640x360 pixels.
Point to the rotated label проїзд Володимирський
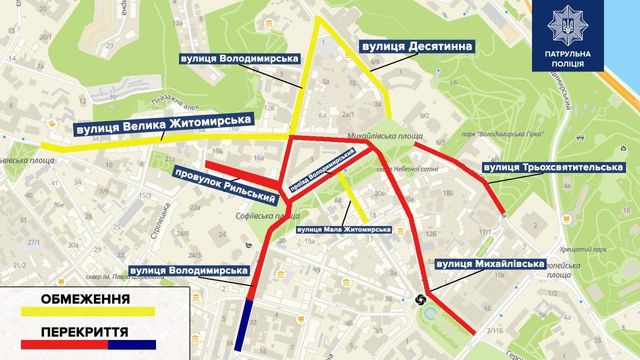pyautogui.click(x=322, y=170)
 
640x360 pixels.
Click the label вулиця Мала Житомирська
pyautogui.click(x=344, y=229)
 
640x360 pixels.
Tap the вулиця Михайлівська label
pyautogui.click(x=490, y=264)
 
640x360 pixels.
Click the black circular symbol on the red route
pyautogui.click(x=421, y=296)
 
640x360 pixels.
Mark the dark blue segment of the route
pyautogui.click(x=249, y=325)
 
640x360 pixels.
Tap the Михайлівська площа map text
pyautogui.click(x=372, y=130)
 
